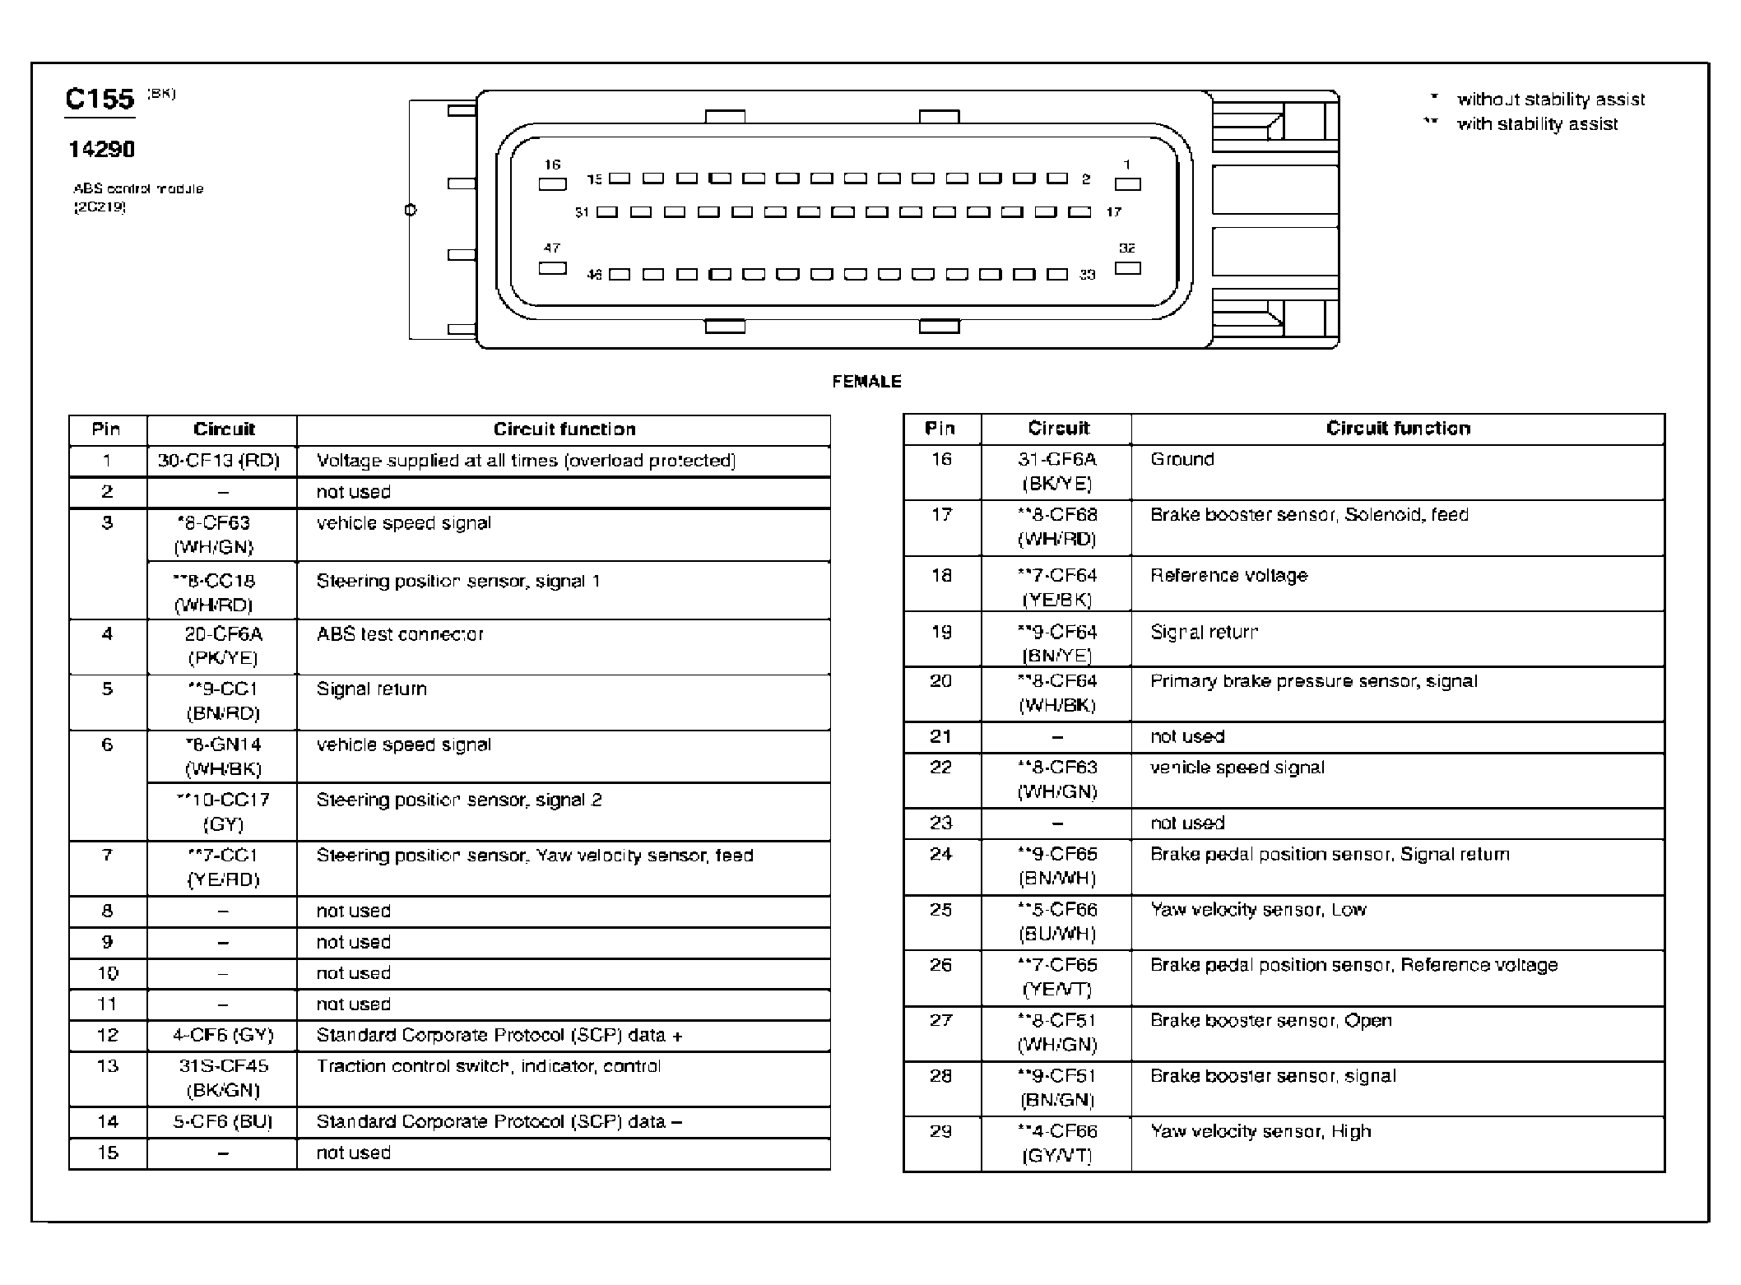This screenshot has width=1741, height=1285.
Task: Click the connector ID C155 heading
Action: tap(100, 100)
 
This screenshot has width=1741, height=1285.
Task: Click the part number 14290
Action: tap(102, 150)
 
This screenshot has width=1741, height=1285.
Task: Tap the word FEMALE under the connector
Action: tap(866, 382)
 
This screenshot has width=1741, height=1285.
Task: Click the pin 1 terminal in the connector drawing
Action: tap(1127, 184)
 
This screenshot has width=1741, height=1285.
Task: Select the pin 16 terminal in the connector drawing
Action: tap(552, 184)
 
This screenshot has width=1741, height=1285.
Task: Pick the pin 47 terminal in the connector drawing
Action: tap(552, 268)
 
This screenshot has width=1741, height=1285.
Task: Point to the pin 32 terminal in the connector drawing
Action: tap(1127, 268)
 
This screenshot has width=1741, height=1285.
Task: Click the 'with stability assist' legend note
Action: tap(1537, 124)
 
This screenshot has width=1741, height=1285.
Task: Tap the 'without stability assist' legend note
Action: tap(1550, 100)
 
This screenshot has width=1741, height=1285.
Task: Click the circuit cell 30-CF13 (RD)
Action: tap(219, 461)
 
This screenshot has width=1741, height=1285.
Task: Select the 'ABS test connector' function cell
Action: tap(400, 634)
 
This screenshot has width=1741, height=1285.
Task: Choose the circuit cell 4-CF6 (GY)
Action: tap(222, 1035)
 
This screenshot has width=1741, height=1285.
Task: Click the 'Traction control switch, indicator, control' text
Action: tap(488, 1066)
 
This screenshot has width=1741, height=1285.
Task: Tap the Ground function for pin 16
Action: tap(1182, 459)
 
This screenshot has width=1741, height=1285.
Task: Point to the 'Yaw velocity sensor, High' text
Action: tap(1260, 1131)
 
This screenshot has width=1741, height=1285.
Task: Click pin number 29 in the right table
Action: tap(940, 1131)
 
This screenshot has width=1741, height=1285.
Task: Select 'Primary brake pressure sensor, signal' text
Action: tap(1313, 681)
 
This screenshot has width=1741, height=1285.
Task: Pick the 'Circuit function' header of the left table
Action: tap(564, 429)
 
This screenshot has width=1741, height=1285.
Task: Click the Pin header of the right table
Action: tap(940, 428)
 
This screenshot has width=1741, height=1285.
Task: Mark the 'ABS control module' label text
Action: tap(138, 189)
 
